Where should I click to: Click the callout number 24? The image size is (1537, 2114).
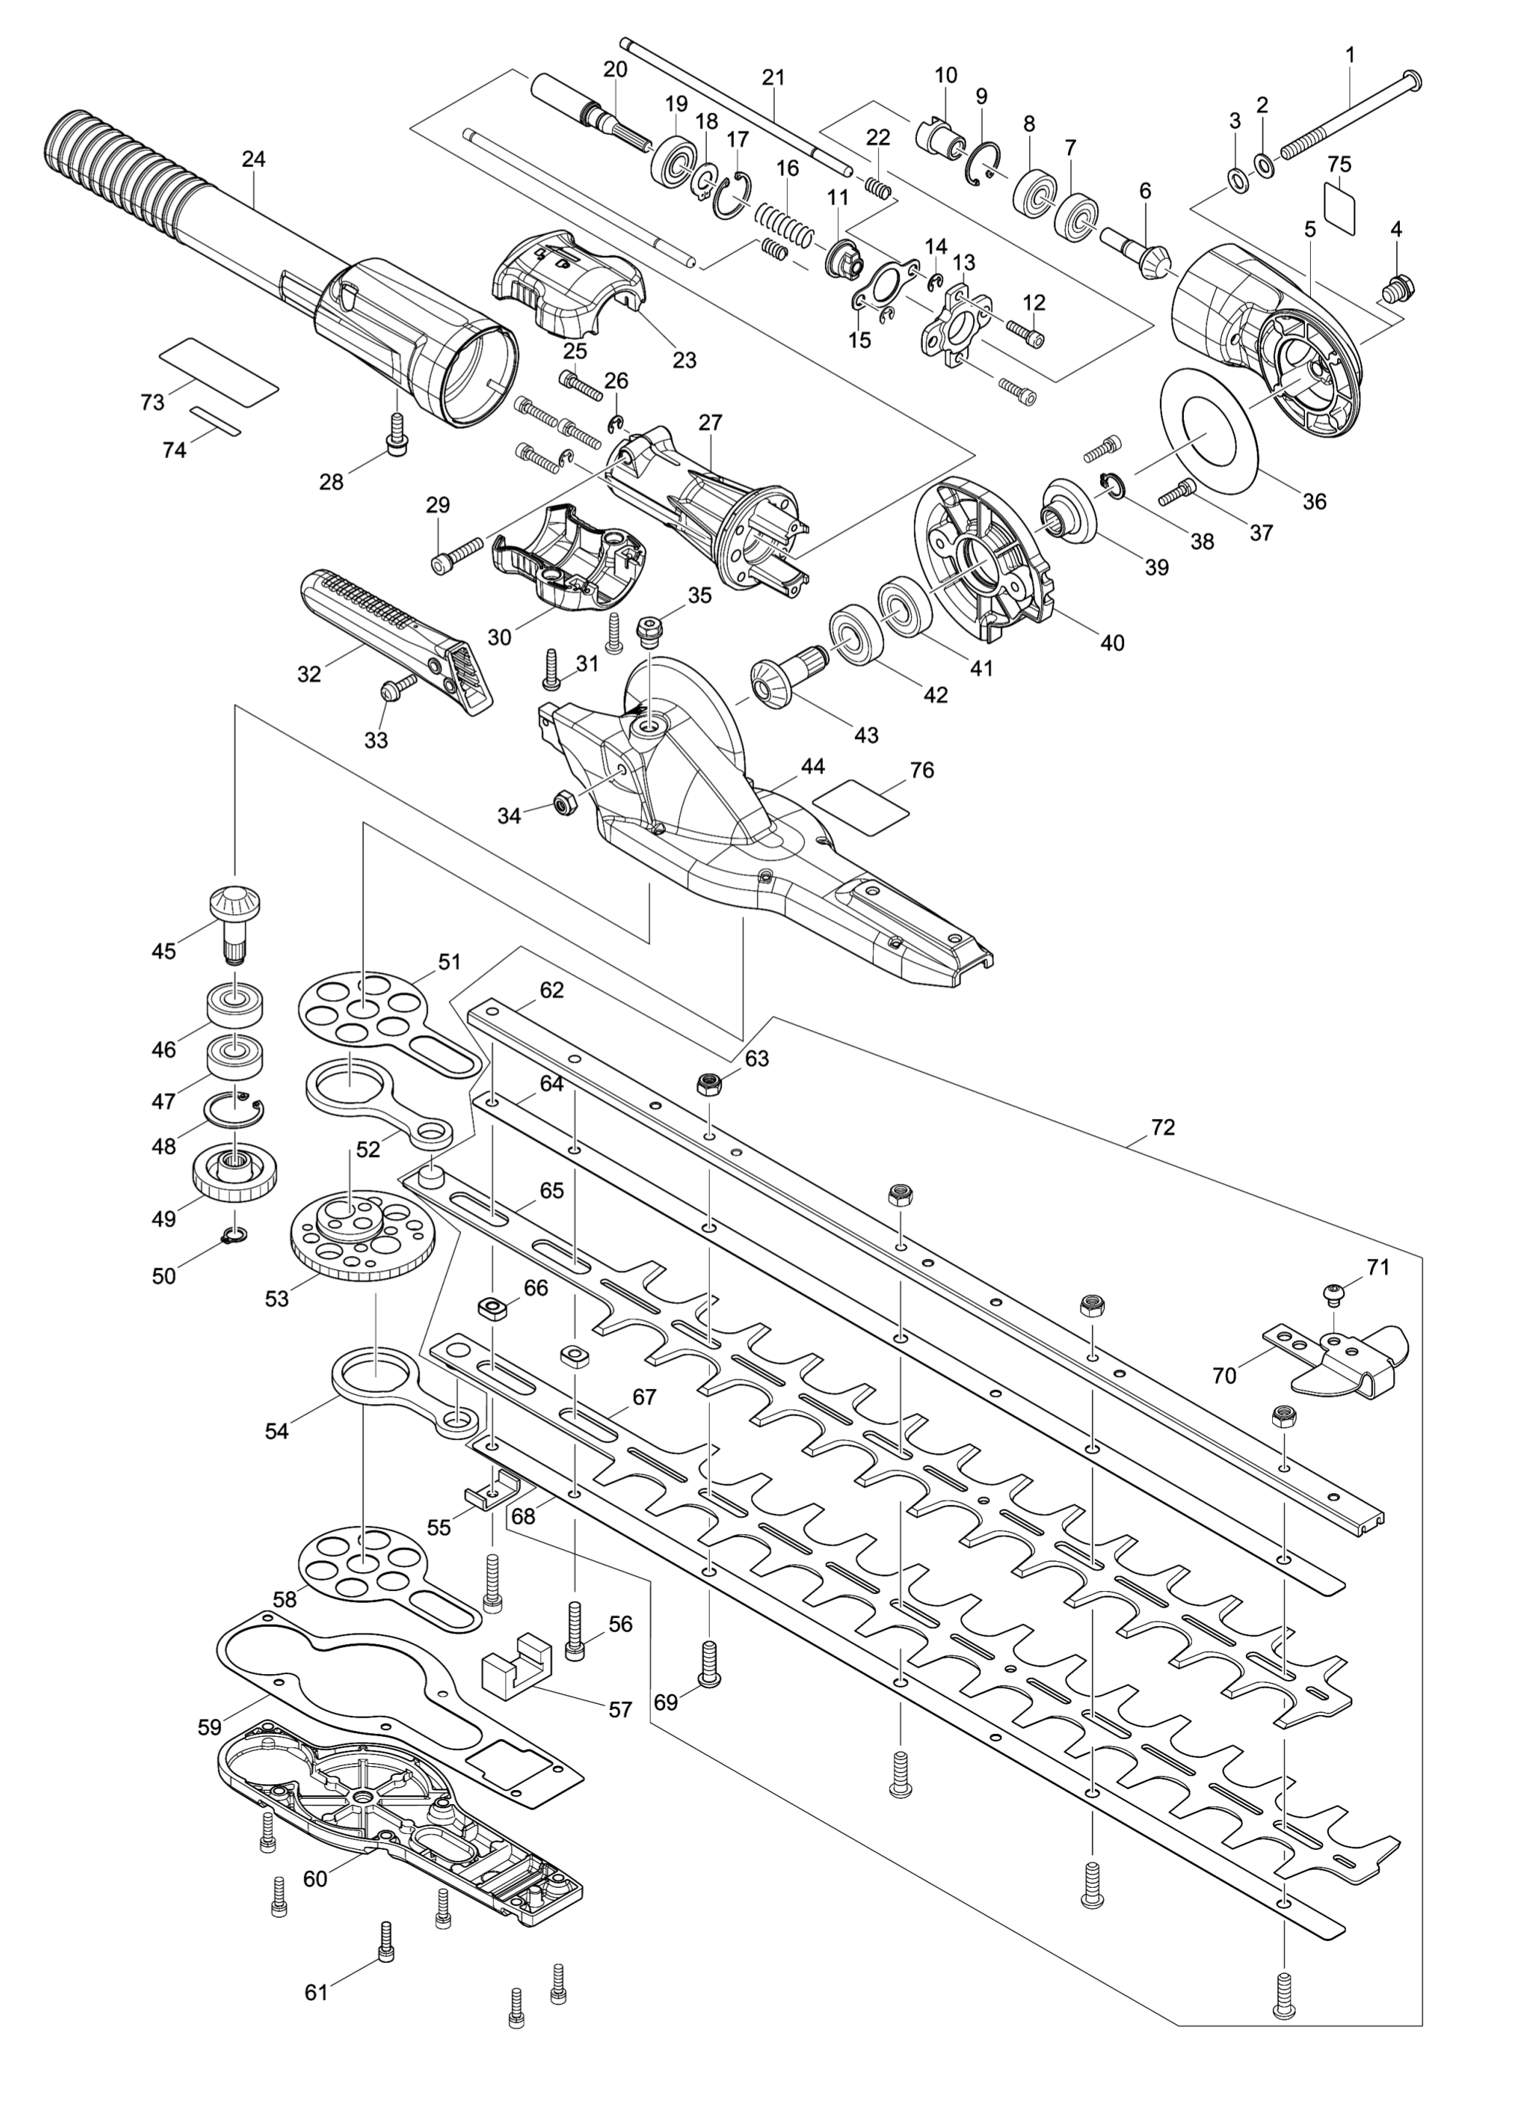coord(254,159)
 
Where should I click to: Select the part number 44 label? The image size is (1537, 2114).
coord(813,766)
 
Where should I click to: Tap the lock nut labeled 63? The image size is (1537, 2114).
coord(711,1083)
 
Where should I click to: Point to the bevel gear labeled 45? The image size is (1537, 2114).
coord(233,923)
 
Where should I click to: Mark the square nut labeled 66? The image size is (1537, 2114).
coord(490,1309)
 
